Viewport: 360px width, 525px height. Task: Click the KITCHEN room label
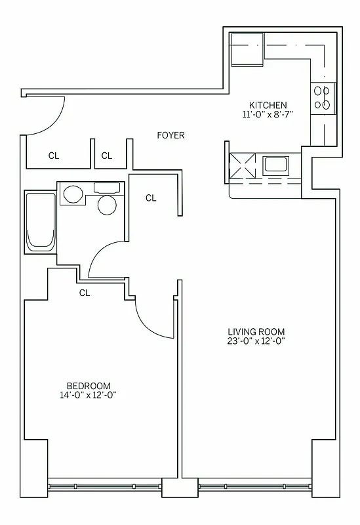click(x=268, y=105)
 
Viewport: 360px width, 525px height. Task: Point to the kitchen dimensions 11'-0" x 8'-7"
click(x=268, y=114)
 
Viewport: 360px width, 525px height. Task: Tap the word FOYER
click(x=170, y=135)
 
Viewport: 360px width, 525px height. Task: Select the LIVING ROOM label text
click(x=256, y=331)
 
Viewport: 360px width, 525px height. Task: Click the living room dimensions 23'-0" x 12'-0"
click(x=256, y=341)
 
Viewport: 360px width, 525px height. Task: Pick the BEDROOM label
click(x=89, y=386)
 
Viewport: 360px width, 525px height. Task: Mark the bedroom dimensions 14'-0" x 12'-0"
click(x=89, y=395)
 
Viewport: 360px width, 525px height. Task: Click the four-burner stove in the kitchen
click(x=322, y=98)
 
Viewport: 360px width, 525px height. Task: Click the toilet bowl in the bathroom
click(x=106, y=204)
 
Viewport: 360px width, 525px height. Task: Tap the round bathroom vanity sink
click(x=73, y=194)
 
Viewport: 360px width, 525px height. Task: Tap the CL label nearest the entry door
click(x=54, y=156)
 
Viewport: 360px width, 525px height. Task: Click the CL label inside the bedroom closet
click(x=85, y=293)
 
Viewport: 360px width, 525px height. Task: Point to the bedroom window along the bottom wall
click(x=104, y=487)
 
